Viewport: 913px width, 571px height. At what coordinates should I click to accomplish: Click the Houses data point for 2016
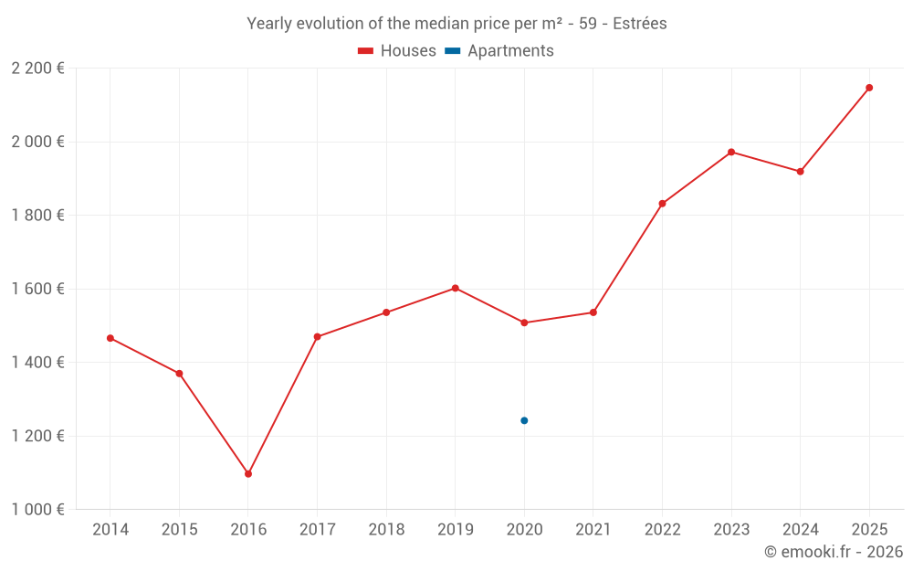tap(248, 474)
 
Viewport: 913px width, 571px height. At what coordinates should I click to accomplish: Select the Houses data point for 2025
tap(869, 88)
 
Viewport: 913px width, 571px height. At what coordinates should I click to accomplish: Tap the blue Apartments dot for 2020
tap(524, 420)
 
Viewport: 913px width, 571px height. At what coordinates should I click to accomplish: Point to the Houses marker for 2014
tap(110, 338)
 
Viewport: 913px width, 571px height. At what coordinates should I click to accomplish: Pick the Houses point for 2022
tap(662, 204)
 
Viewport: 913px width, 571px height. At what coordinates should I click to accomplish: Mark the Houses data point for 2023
tap(731, 152)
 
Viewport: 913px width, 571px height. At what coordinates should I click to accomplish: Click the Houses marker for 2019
tap(456, 288)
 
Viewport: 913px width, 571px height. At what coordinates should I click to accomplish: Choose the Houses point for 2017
tap(318, 337)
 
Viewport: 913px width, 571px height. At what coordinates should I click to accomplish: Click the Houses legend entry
tap(397, 51)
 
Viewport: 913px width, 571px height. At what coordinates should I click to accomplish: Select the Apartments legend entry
tap(499, 51)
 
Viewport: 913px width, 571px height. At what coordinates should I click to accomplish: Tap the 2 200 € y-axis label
tap(37, 69)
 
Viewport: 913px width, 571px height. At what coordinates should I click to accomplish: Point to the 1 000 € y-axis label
tap(37, 510)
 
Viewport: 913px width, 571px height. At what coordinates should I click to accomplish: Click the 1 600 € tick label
tap(37, 289)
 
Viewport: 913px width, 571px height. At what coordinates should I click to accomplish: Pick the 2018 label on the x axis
tap(386, 530)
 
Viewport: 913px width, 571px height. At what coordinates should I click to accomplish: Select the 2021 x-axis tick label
tap(593, 530)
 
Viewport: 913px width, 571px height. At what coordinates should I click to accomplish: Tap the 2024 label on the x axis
tap(800, 530)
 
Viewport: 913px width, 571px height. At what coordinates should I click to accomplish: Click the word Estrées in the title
tap(639, 24)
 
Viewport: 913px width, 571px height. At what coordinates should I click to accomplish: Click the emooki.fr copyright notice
tap(833, 552)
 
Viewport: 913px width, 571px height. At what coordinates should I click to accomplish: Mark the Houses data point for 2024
tap(801, 172)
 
